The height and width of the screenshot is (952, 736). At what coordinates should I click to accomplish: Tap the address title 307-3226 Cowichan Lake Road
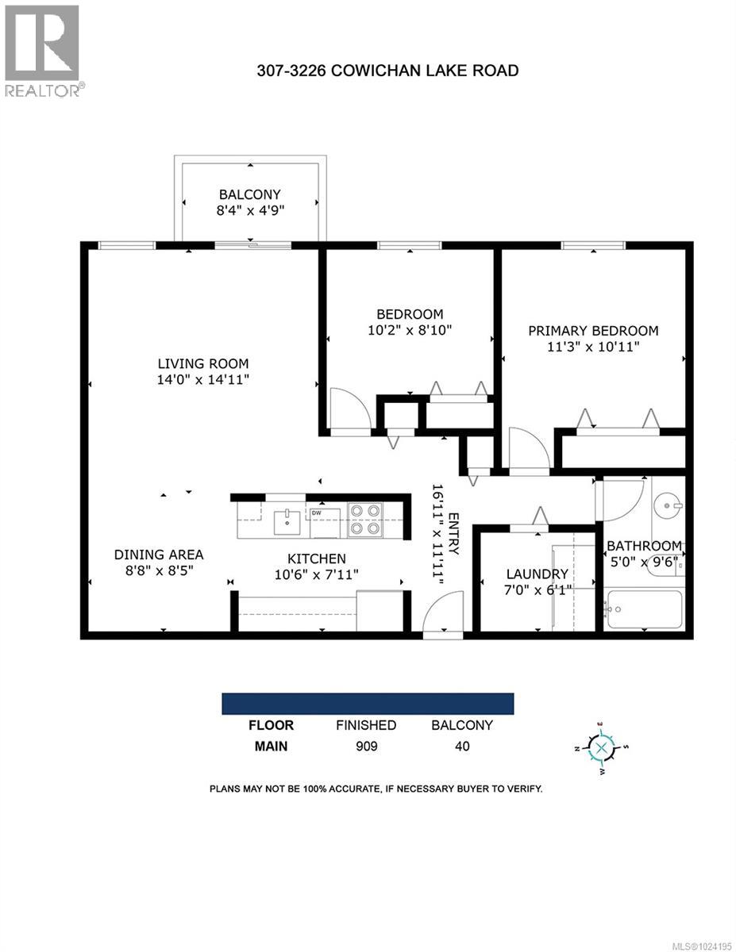point(387,71)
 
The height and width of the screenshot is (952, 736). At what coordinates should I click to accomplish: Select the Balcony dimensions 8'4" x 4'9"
point(250,210)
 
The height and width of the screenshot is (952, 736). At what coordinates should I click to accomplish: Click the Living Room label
point(203,363)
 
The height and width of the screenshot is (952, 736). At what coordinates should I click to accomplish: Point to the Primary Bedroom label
point(593,331)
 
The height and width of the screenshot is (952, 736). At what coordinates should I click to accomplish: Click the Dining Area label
point(159,555)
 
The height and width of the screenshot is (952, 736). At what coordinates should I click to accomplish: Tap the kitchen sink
point(287,523)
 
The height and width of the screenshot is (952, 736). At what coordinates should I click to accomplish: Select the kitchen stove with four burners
point(365,520)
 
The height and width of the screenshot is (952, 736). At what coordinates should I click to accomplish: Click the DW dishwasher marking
point(317,513)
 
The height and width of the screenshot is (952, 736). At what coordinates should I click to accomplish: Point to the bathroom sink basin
point(668,504)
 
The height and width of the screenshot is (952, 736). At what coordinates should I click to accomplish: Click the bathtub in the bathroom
point(643,610)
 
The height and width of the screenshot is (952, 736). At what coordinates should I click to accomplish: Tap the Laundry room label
point(538,574)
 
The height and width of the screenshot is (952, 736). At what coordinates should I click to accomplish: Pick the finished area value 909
point(366,746)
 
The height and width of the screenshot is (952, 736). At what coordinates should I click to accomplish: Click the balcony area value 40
point(461,746)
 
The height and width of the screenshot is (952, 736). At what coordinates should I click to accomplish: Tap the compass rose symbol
point(602,747)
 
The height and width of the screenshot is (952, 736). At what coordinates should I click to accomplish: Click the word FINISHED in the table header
point(366,725)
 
